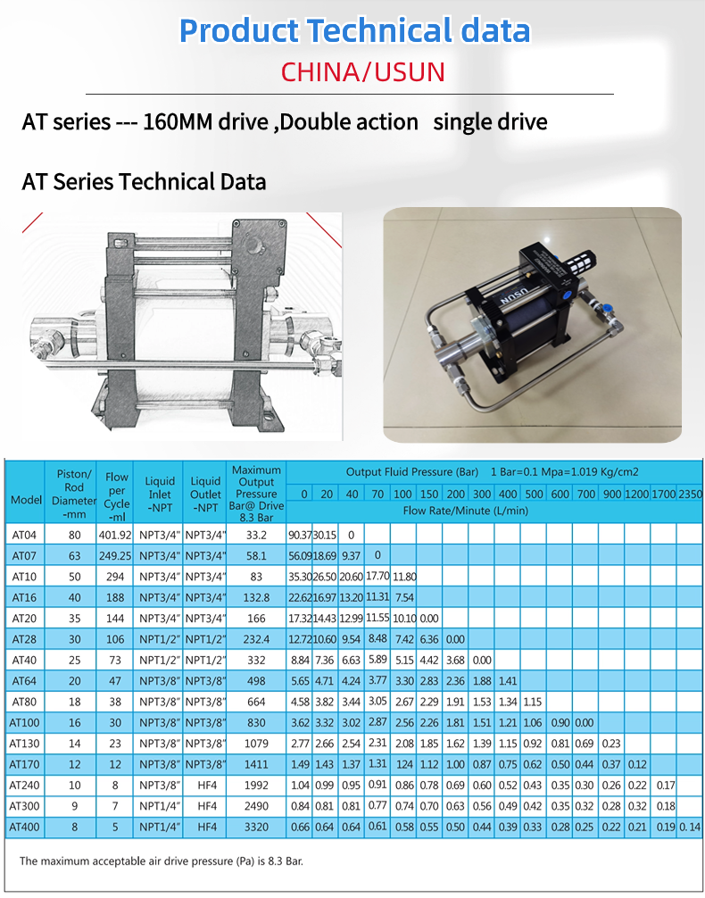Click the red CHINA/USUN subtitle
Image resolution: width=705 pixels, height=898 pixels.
click(x=363, y=71)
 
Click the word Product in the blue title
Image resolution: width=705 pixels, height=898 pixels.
click(x=239, y=31)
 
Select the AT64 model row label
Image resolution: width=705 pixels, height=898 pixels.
click(x=24, y=681)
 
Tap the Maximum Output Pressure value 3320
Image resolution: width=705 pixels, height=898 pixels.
click(x=256, y=827)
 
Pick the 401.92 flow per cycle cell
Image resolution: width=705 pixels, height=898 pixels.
click(x=115, y=535)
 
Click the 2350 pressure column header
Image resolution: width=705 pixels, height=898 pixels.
click(x=690, y=494)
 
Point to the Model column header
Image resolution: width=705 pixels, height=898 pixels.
click(x=27, y=499)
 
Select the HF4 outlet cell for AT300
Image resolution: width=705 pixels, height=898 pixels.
click(x=207, y=806)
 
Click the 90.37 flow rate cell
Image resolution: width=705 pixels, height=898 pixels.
click(x=300, y=535)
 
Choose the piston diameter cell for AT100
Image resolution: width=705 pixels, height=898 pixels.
click(x=74, y=723)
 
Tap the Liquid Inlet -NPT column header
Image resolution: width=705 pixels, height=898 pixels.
click(x=159, y=495)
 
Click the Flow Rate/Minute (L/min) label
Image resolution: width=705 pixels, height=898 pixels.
click(x=465, y=511)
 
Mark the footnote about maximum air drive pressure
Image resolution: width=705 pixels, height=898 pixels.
click(x=161, y=861)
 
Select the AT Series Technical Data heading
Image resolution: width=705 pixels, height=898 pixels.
click(x=144, y=181)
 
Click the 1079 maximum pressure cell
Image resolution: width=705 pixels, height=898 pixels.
click(x=256, y=744)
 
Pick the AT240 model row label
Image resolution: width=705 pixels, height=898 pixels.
click(x=25, y=786)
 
